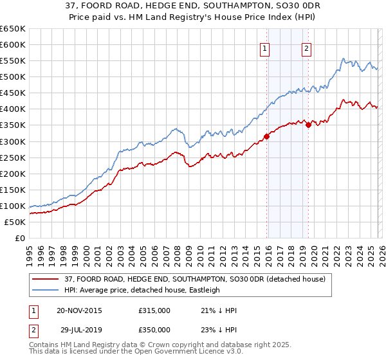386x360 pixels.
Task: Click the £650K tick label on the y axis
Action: click(13, 29)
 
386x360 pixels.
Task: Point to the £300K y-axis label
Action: click(13, 141)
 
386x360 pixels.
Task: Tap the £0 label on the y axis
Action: click(19, 238)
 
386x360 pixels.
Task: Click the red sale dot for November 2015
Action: click(266, 136)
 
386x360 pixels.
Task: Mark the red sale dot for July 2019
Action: click(308, 125)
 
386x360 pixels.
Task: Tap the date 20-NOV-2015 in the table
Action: click(79, 310)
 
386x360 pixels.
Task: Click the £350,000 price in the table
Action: click(154, 329)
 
